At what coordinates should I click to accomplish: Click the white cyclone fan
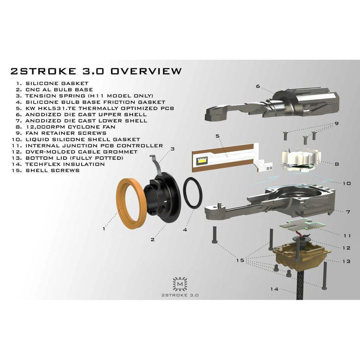pyautogui.click(x=300, y=159)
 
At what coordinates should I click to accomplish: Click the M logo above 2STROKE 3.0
pyautogui.click(x=180, y=284)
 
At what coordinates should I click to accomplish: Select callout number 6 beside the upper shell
pyautogui.click(x=258, y=86)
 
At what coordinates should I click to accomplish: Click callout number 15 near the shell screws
pyautogui.click(x=240, y=260)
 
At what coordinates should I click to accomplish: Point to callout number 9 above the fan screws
pyautogui.click(x=337, y=124)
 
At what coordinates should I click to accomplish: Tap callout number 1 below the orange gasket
pyautogui.click(x=104, y=229)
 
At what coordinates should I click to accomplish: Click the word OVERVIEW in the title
pyautogui.click(x=146, y=71)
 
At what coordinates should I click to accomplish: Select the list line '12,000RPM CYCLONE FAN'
pyautogui.click(x=70, y=127)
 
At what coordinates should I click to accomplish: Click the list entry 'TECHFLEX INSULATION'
pyautogui.click(x=65, y=164)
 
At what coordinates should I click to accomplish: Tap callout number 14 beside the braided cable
pyautogui.click(x=274, y=289)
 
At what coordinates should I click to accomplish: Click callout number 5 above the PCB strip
pyautogui.click(x=217, y=136)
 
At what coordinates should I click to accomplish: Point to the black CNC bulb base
pyautogui.click(x=162, y=197)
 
